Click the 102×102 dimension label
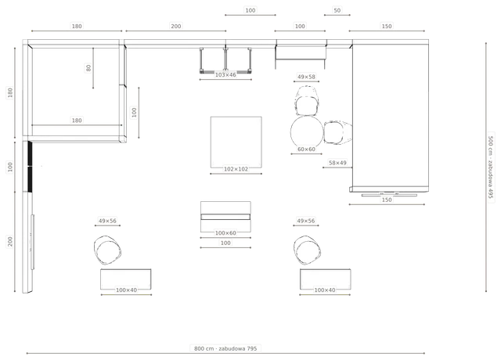tap(236, 169)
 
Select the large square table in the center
tap(236, 142)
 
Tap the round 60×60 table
tap(307, 131)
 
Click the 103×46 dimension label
tap(225, 75)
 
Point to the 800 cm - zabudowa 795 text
tap(225, 348)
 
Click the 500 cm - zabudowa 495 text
tap(491, 167)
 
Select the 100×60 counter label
tap(225, 233)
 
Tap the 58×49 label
tap(337, 163)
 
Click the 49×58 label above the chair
tap(306, 77)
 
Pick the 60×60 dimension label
tap(306, 149)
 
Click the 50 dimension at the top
tap(337, 10)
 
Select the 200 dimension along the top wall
tap(175, 26)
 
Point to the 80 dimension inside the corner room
tap(88, 68)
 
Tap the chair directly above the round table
tap(307, 101)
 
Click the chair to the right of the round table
tap(337, 132)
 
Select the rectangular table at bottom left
tap(126, 279)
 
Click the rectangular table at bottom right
tap(326, 279)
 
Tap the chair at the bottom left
tap(107, 250)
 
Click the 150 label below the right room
tap(387, 200)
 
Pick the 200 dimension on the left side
tap(10, 241)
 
